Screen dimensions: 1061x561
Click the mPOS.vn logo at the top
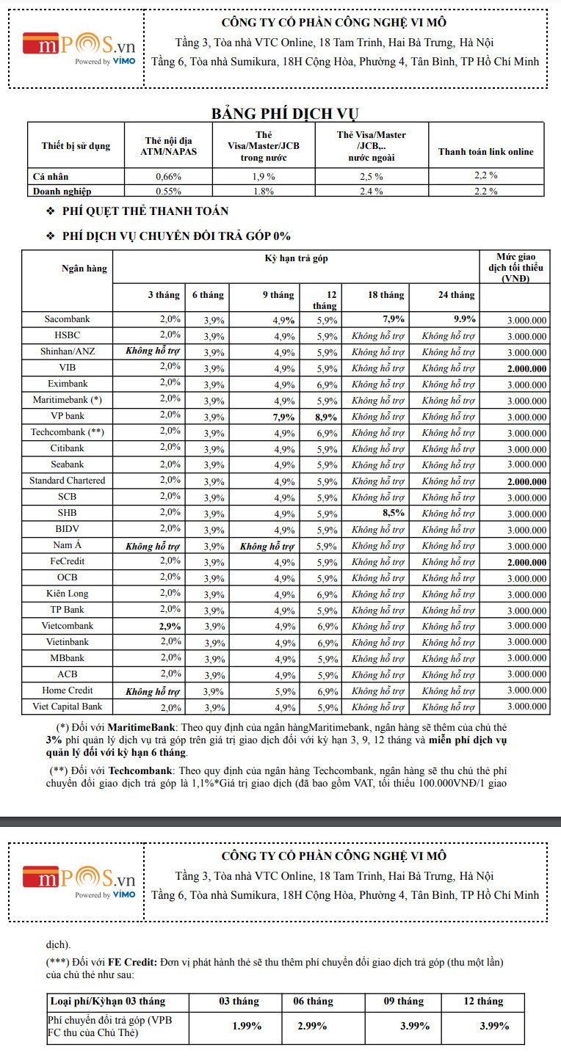(x=79, y=48)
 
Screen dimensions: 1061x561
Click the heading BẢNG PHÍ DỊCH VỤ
(x=285, y=113)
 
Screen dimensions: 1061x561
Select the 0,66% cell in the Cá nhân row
(x=168, y=176)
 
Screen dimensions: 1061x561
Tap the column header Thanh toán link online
(x=485, y=152)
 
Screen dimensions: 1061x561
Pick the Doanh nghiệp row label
(x=62, y=191)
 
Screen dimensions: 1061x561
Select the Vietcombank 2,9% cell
(x=169, y=626)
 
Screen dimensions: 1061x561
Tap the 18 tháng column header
(x=386, y=295)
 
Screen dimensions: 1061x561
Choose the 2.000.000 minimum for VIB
(x=526, y=368)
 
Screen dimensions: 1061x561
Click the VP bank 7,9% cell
(x=283, y=417)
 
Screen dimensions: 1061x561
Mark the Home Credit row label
(x=67, y=690)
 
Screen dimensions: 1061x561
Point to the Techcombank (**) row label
(x=67, y=432)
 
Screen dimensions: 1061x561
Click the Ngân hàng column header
(x=84, y=269)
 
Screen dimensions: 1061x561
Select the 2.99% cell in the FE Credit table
(x=312, y=1026)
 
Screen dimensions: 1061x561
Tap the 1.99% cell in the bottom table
(x=247, y=1026)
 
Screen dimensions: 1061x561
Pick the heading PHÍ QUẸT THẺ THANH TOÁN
(x=146, y=211)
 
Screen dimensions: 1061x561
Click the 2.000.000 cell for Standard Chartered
(x=526, y=481)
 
